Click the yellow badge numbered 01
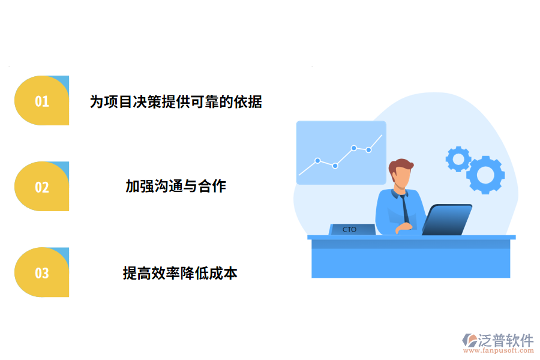[x=41, y=101]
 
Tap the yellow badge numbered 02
[x=41, y=187]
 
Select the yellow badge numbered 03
[x=41, y=273]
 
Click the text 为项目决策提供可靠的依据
[x=176, y=101]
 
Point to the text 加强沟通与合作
[x=176, y=186]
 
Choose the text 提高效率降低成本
[x=180, y=274]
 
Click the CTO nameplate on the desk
[x=351, y=229]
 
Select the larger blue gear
[x=485, y=175]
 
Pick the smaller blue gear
[x=458, y=159]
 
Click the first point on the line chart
[x=317, y=161]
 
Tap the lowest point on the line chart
[x=335, y=166]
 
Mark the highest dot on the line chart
[x=354, y=148]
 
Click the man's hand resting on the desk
[x=404, y=227]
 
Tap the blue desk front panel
[x=410, y=258]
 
